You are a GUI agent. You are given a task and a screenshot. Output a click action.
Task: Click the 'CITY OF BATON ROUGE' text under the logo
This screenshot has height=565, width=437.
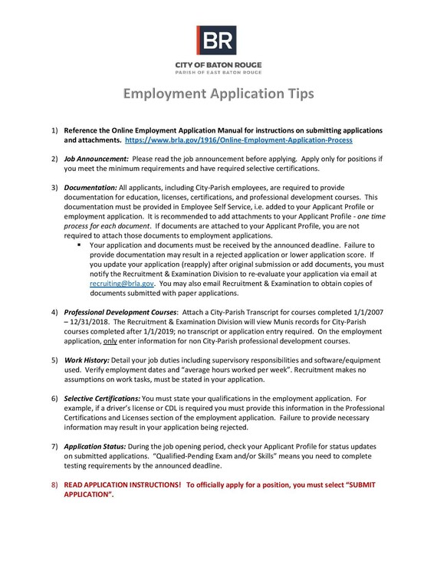tap(218, 65)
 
